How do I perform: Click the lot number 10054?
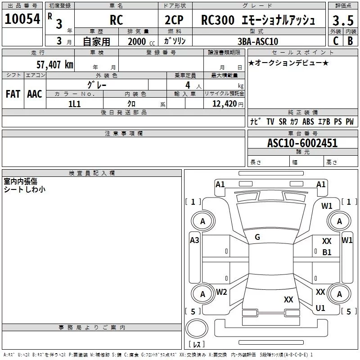tap(22, 19)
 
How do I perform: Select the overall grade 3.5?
tap(343, 20)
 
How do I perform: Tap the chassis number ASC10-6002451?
tap(302, 143)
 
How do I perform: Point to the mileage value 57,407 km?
tap(55, 65)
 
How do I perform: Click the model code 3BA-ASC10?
tap(258, 41)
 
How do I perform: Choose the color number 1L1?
tap(74, 104)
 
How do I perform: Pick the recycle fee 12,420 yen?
tap(228, 104)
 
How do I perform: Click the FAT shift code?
tap(13, 94)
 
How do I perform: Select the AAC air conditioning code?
tap(35, 94)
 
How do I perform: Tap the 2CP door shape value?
tap(174, 20)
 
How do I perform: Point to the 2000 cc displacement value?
tap(141, 42)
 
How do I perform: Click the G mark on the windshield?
tap(257, 237)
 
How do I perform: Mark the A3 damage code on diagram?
tap(194, 240)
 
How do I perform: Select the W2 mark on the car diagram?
tap(221, 292)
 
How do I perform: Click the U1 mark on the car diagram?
tap(320, 308)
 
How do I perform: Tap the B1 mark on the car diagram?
tap(327, 252)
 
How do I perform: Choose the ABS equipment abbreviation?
tap(308, 121)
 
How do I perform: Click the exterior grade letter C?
tap(336, 41)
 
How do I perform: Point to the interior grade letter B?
tap(351, 41)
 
